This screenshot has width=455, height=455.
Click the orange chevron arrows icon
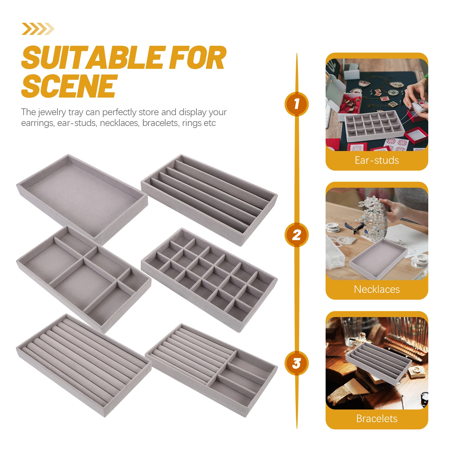click(38, 29)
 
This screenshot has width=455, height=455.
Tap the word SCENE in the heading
click(69, 86)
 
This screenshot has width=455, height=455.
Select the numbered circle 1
click(297, 104)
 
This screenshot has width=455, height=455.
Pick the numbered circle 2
click(297, 235)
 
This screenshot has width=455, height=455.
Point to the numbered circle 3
click(297, 363)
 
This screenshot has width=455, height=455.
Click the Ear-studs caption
click(377, 160)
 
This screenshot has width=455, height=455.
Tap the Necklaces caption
click(377, 289)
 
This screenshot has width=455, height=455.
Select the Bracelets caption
click(377, 419)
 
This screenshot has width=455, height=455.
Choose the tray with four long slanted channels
click(209, 200)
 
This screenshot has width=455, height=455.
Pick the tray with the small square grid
click(209, 280)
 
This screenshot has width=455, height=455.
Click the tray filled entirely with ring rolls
click(84, 365)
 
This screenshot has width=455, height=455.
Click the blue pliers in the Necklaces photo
click(354, 228)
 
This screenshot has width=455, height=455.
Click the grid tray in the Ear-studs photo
click(374, 126)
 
